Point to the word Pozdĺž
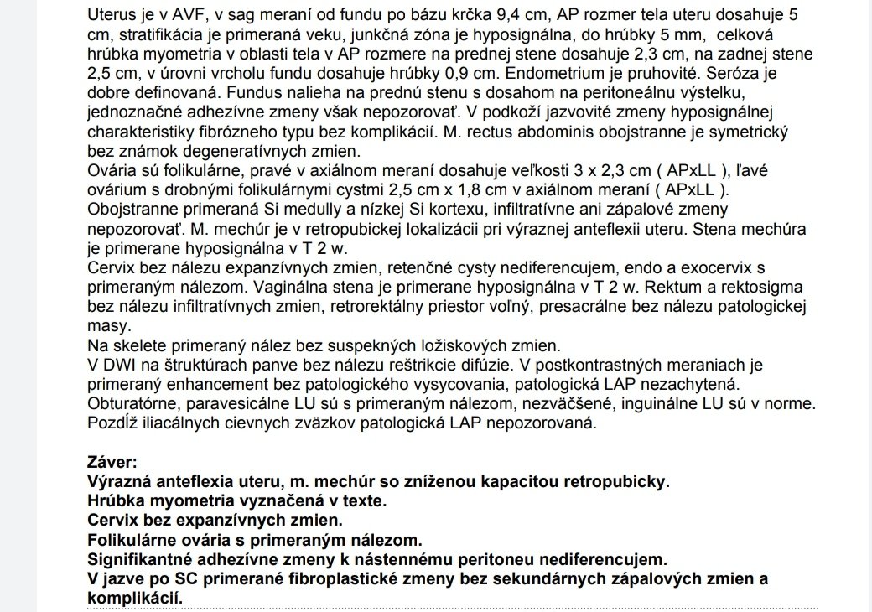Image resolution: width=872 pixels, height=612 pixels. [112, 423]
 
